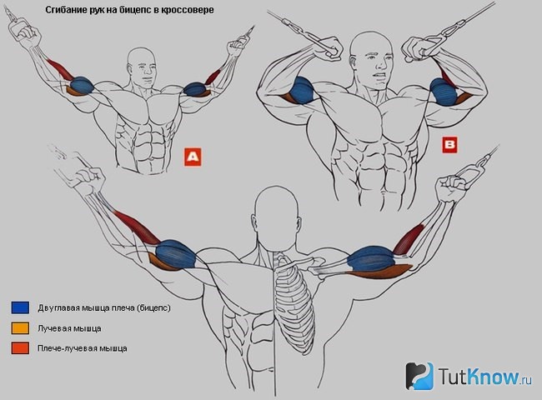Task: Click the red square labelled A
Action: tap(193, 157)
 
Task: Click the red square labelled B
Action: tap(449, 145)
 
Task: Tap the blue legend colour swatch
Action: tap(20, 307)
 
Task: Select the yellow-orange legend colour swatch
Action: tap(20, 328)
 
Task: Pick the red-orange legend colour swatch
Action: tap(20, 348)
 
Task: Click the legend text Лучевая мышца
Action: tap(69, 328)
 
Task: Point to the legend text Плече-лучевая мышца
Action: tap(83, 348)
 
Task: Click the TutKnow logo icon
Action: tap(419, 376)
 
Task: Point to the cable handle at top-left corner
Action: tap(16, 25)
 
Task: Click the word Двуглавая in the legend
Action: tap(59, 307)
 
